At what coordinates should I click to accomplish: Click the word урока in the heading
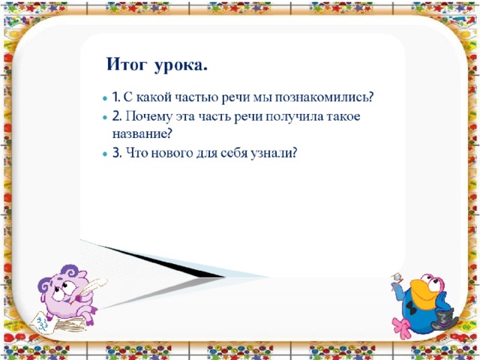(x=178, y=66)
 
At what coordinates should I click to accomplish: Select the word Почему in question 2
(x=148, y=117)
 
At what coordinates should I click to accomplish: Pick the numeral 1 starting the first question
(x=115, y=97)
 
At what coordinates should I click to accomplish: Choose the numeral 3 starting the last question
(x=115, y=152)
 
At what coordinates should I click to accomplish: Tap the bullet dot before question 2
(x=105, y=117)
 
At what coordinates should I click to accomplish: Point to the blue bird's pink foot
(x=402, y=328)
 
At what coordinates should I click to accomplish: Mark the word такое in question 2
(x=343, y=117)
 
